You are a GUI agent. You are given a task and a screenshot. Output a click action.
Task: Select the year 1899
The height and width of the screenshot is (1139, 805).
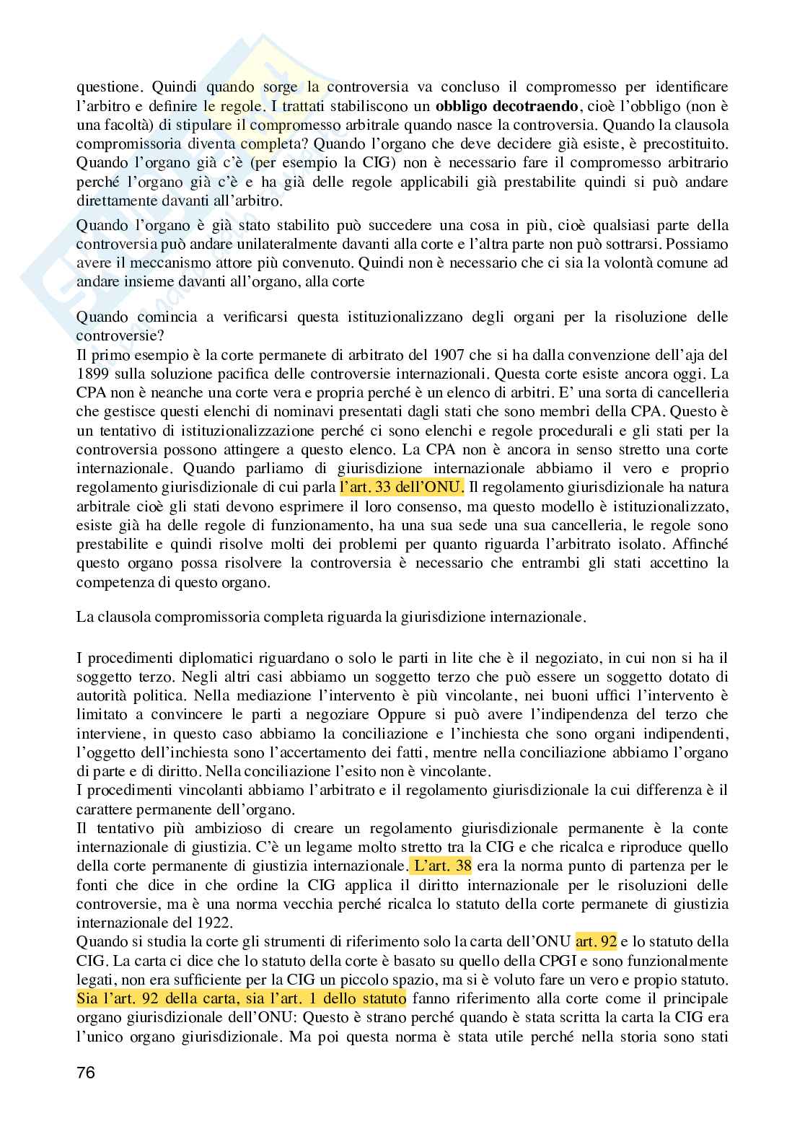pyautogui.click(x=92, y=374)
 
